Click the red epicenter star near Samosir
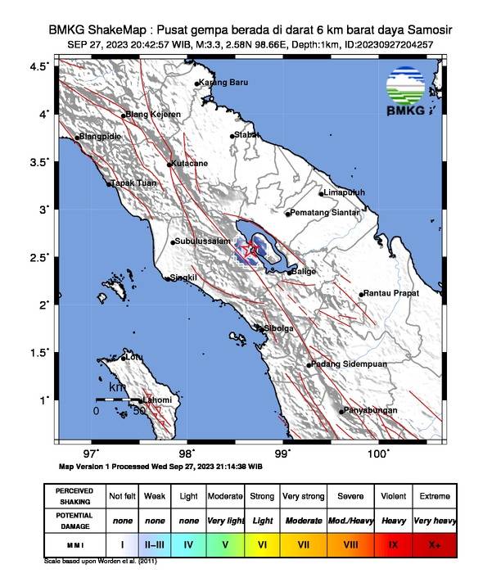tap(252, 249)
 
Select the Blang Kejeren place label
tap(152, 115)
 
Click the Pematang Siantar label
tap(325, 213)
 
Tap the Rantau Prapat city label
tap(391, 293)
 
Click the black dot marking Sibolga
tap(260, 328)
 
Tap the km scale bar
tap(119, 398)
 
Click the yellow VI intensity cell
tap(262, 543)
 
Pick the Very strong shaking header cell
tap(303, 496)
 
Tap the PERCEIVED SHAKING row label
tap(74, 496)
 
